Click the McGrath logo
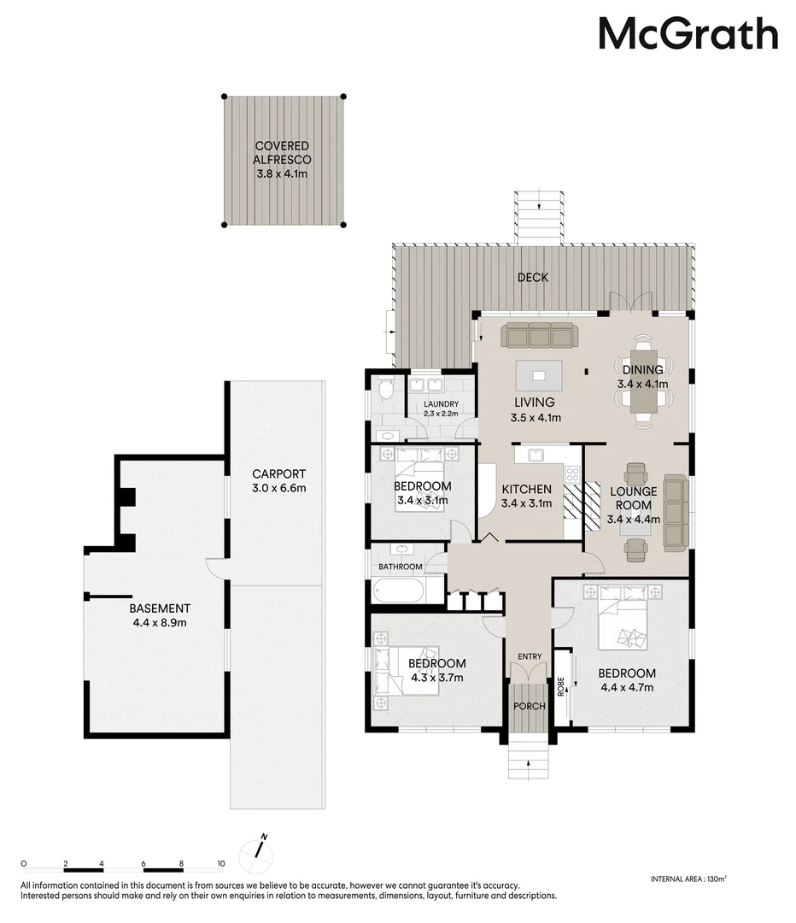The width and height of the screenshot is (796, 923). pyautogui.click(x=688, y=35)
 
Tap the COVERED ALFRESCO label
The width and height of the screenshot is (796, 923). pyautogui.click(x=281, y=160)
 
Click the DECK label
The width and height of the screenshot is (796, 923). pyautogui.click(x=532, y=277)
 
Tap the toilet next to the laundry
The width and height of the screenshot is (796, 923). pyautogui.click(x=386, y=391)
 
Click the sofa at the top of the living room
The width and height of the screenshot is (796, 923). pyautogui.click(x=539, y=336)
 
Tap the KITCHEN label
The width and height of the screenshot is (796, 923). pyautogui.click(x=526, y=490)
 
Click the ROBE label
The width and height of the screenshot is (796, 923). pyautogui.click(x=561, y=688)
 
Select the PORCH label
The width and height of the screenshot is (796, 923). pyautogui.click(x=529, y=707)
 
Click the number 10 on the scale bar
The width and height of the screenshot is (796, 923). pyautogui.click(x=220, y=863)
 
